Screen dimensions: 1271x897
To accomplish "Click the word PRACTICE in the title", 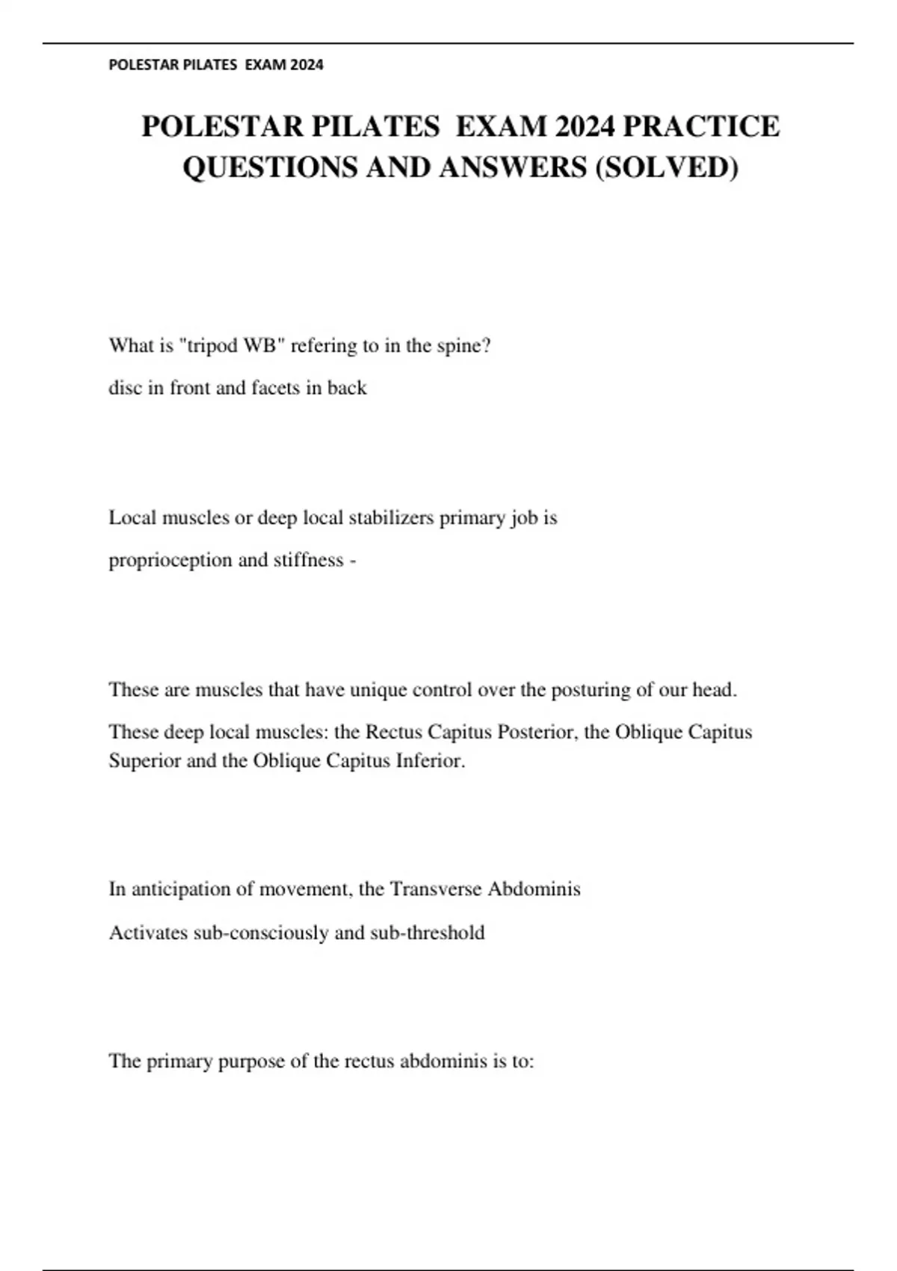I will coord(701,126).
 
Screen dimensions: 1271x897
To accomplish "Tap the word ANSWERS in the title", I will coord(513,167).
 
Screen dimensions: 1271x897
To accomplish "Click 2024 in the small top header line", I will coord(307,65).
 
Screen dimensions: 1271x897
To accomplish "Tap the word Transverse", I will coord(436,889).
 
